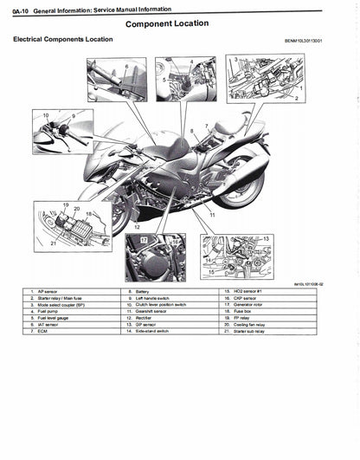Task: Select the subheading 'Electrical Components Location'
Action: pyautogui.click(x=62, y=40)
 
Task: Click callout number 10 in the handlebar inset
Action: pyautogui.click(x=45, y=114)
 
